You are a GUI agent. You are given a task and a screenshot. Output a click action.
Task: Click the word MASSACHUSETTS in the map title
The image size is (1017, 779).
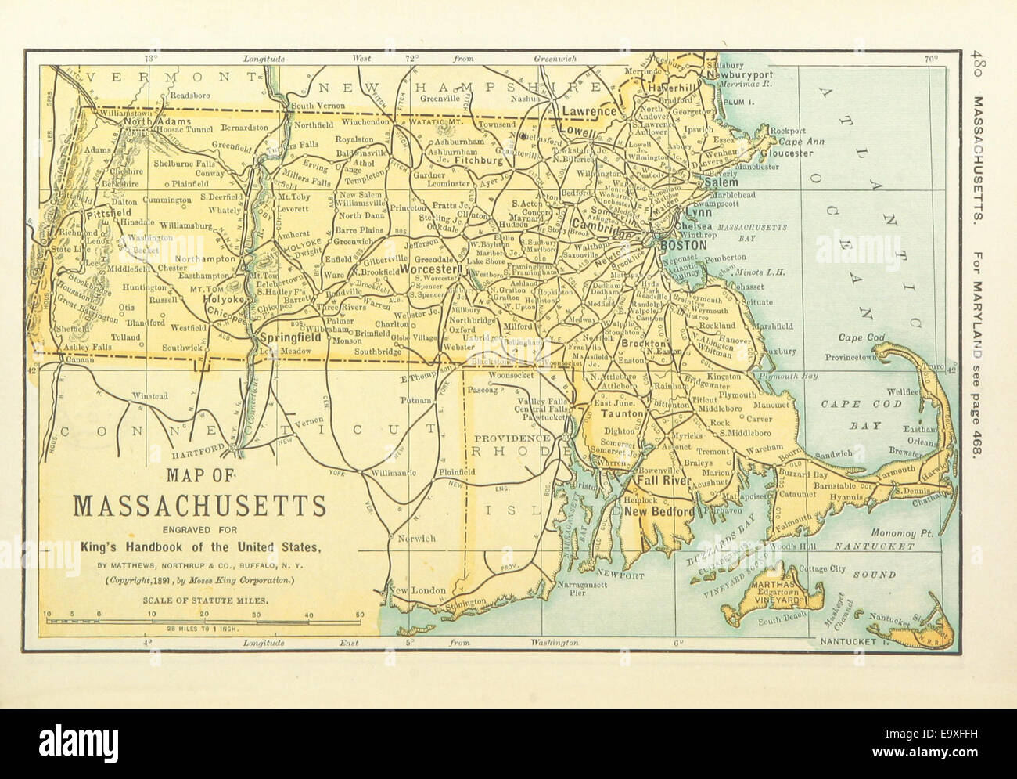[199, 506]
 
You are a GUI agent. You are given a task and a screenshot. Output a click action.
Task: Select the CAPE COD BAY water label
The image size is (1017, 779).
[850, 415]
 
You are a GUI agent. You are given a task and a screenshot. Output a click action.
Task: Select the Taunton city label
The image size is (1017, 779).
[622, 413]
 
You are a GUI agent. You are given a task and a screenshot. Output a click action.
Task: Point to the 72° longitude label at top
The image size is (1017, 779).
[411, 58]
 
